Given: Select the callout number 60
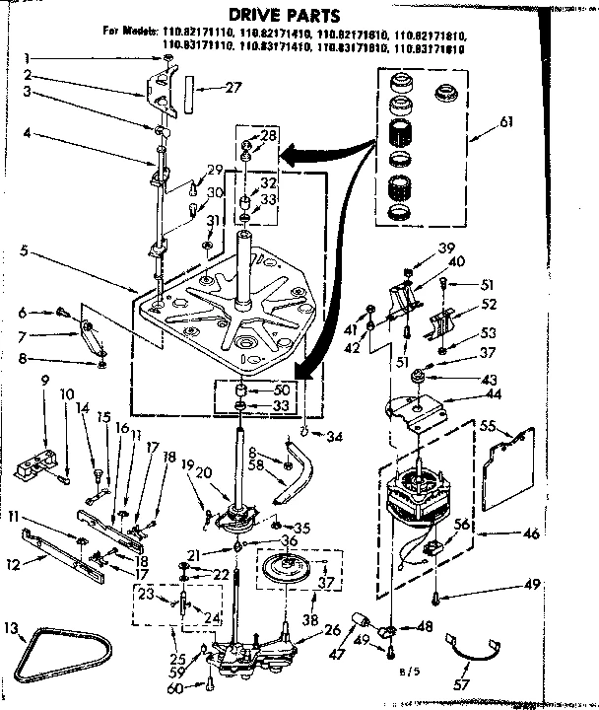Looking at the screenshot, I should (176, 686).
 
